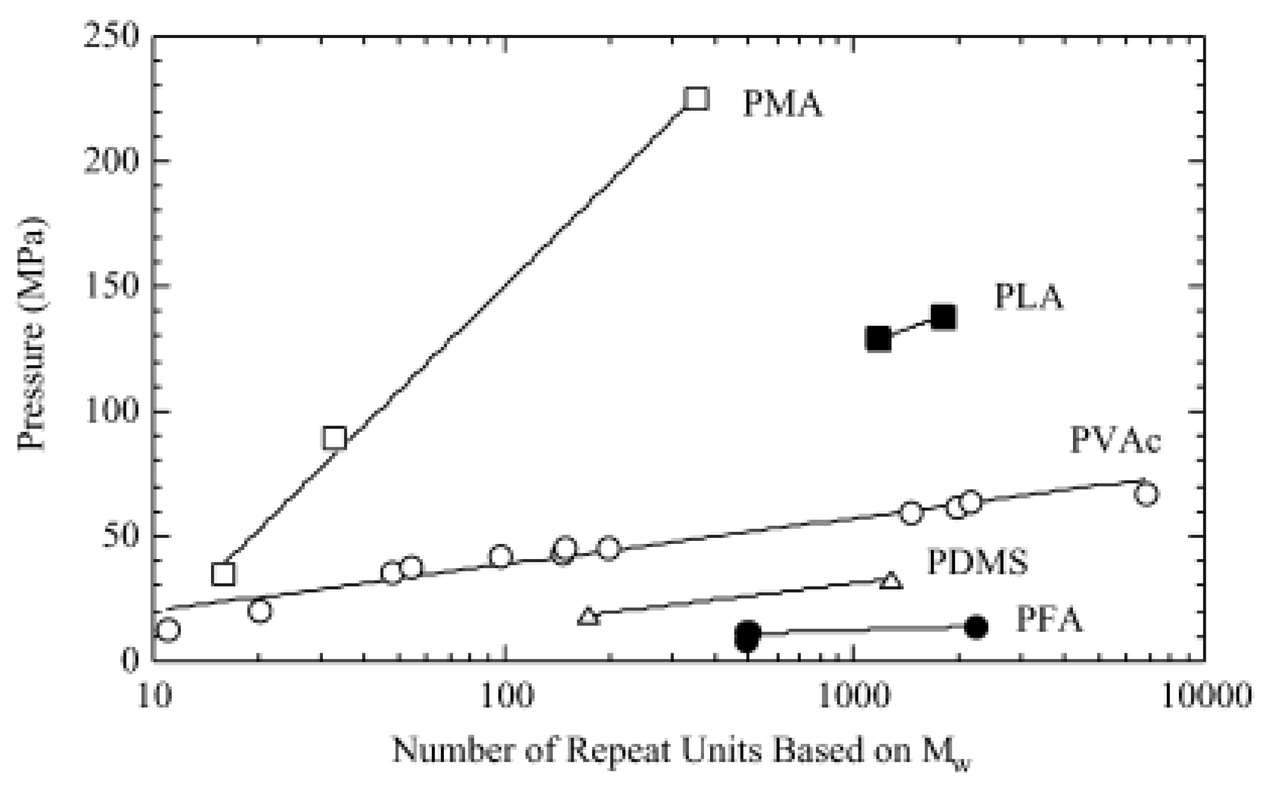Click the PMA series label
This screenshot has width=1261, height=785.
point(782,104)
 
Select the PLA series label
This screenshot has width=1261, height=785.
point(1028,297)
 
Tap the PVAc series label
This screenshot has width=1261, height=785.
point(1115,440)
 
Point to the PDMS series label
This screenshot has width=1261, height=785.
point(977,562)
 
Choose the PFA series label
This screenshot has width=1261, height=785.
point(1049,619)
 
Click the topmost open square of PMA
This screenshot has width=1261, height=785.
point(696,99)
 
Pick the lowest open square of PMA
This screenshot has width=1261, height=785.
point(224,574)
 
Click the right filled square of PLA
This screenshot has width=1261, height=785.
point(943,317)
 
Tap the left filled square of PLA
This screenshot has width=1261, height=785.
point(878,339)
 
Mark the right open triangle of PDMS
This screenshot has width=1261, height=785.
point(891,580)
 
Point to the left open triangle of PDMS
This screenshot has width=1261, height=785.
point(588,616)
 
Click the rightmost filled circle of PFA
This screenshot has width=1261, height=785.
point(975,627)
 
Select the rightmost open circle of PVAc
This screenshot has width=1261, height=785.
point(1146,494)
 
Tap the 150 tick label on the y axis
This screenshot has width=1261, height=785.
point(111,286)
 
